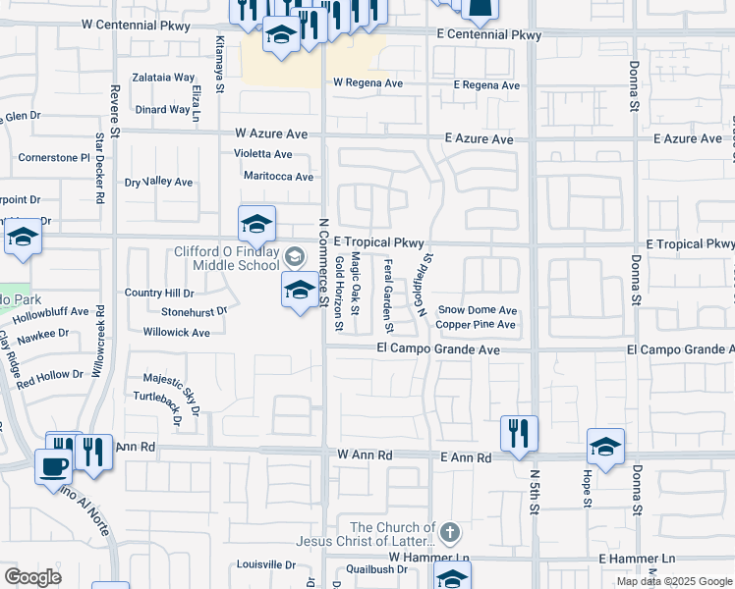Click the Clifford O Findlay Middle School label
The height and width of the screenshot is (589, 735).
tap(226, 257)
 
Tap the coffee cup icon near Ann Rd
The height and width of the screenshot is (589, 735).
tap(53, 465)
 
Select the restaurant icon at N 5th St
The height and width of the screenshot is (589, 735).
tap(519, 433)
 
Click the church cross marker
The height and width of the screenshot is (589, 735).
tap(449, 534)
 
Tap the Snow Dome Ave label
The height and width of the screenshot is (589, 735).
tap(478, 309)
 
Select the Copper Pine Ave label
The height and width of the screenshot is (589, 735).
tap(476, 324)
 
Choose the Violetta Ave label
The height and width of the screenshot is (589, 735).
tap(262, 154)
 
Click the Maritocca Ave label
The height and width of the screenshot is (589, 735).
tap(278, 177)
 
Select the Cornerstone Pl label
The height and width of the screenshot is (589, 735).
tap(54, 157)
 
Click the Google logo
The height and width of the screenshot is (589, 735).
tap(32, 577)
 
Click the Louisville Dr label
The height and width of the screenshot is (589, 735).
tap(266, 565)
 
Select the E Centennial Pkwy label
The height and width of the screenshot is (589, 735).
tap(489, 35)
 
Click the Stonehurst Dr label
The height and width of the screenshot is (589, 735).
tap(195, 313)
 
